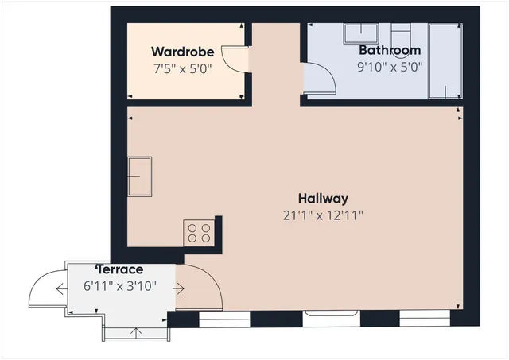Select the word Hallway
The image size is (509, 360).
point(323,198)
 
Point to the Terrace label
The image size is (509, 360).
point(120,270)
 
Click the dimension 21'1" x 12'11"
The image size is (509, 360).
point(323,215)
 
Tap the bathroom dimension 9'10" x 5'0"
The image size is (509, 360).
point(389,68)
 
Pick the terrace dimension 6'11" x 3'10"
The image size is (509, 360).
point(120,286)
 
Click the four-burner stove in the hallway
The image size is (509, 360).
point(199,233)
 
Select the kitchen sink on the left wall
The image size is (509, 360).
point(141,176)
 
